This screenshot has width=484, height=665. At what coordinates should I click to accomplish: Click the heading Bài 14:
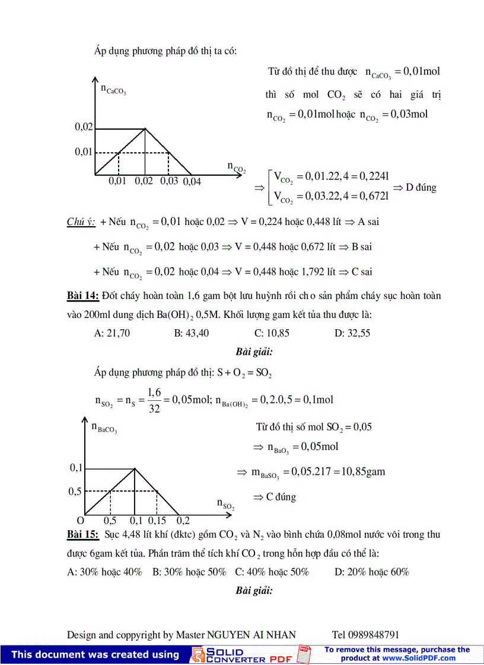[82, 295]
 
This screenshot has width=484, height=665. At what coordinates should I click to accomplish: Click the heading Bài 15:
[82, 534]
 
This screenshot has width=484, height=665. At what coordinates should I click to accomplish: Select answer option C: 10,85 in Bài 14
[272, 333]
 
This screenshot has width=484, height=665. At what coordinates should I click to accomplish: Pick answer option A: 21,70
[112, 333]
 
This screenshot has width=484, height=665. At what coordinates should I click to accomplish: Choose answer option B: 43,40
[192, 333]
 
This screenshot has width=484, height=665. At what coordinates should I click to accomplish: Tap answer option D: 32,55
[352, 333]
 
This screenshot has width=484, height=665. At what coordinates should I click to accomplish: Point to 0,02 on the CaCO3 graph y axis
[84, 127]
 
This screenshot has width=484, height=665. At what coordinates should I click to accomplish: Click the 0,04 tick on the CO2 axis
[192, 182]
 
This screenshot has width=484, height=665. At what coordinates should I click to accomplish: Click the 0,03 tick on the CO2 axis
[169, 181]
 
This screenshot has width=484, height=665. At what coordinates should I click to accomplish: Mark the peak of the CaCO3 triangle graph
[145, 128]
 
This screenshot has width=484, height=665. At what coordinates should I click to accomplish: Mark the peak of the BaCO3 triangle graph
[135, 468]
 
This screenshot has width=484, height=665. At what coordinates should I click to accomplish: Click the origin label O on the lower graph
[81, 521]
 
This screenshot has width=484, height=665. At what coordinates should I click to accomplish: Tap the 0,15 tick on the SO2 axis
[157, 521]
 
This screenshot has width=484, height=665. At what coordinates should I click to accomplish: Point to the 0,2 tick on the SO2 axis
[183, 521]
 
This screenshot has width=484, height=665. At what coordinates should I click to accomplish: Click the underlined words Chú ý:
[81, 222]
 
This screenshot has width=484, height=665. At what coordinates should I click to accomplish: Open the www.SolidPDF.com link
[418, 658]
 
